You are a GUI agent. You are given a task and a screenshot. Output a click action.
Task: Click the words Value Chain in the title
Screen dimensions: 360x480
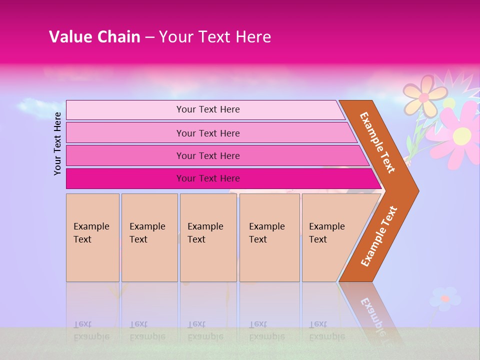tap(94, 37)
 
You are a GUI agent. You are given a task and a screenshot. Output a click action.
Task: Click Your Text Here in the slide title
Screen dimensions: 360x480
tap(215, 37)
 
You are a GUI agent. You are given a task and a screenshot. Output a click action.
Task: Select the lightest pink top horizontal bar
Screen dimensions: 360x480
tap(207, 109)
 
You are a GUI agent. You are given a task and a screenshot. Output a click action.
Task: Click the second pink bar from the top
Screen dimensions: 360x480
tap(207, 133)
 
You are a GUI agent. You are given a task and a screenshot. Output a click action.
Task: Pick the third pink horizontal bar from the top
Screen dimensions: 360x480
tap(207, 155)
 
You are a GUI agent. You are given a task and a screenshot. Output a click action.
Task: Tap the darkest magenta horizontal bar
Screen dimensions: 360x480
tap(207, 178)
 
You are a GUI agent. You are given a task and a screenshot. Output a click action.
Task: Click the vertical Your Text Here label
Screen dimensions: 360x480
tap(57, 143)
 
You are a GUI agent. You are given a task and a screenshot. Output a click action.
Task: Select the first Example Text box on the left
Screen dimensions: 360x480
tap(92, 237)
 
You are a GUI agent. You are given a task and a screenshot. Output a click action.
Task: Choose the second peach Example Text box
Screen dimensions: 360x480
tap(149, 237)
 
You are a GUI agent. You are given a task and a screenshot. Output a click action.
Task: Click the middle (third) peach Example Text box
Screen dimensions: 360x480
tap(208, 237)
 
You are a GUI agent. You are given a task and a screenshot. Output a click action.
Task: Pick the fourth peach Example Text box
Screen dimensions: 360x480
tap(269, 237)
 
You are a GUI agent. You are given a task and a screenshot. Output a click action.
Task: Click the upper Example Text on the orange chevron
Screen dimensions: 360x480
tap(377, 142)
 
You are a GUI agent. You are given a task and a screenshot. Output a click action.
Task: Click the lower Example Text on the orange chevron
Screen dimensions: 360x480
tap(378, 236)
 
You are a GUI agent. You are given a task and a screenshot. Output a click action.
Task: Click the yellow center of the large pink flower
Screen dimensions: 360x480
tap(462, 135)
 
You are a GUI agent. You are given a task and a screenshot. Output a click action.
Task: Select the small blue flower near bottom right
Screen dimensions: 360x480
tap(444, 298)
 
